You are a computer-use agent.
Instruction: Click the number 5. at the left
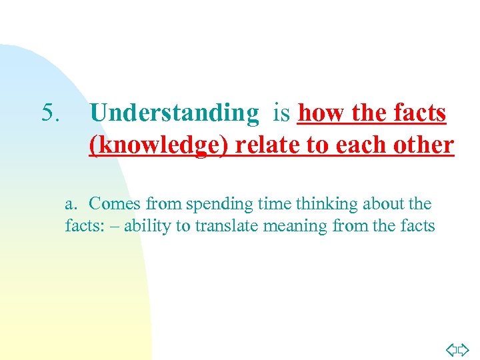pos(51,113)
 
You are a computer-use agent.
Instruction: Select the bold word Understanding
pos(173,114)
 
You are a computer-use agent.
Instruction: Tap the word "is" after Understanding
pos(281,114)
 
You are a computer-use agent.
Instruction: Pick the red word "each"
pos(356,145)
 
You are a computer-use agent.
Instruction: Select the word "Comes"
pos(115,203)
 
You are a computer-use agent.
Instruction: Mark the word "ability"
pos(148,227)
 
